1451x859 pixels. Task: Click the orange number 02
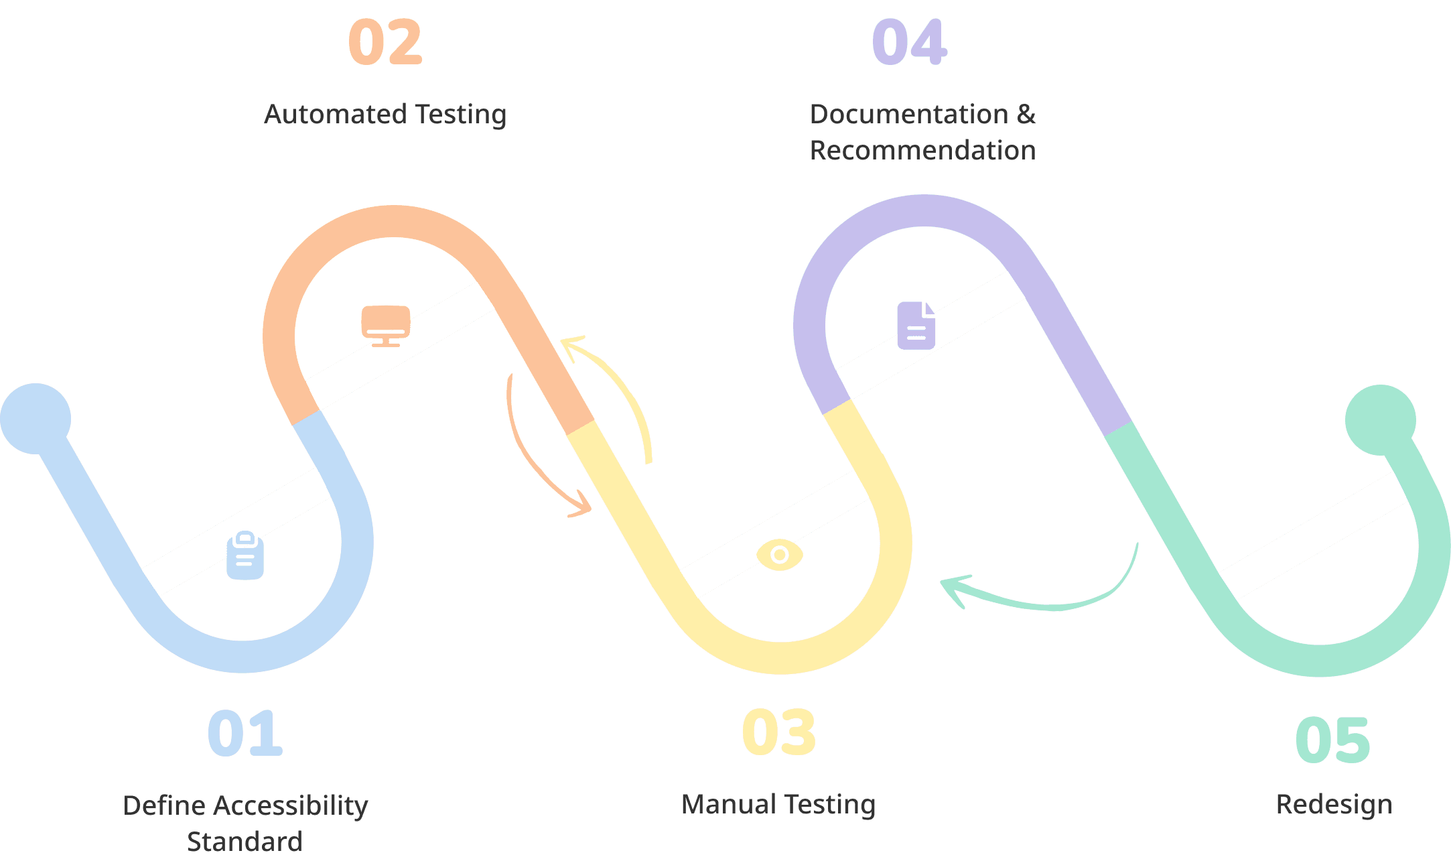[385, 42]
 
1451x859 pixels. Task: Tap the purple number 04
[909, 42]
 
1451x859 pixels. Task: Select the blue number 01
[245, 733]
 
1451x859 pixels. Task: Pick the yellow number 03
[778, 732]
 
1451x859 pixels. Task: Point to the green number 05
[1332, 740]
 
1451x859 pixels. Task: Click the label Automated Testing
[385, 115]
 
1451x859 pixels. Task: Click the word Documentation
[909, 115]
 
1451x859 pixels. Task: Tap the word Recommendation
[922, 151]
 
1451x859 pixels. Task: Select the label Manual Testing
[778, 805]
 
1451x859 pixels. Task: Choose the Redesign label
[1334, 805]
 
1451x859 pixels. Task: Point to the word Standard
[245, 842]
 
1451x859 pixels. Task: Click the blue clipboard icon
[245, 555]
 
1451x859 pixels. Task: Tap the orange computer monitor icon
[386, 326]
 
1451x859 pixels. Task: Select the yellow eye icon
[780, 555]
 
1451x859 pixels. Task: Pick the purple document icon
[916, 326]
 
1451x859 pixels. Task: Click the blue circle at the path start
[36, 419]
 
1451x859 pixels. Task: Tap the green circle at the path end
[1381, 420]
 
